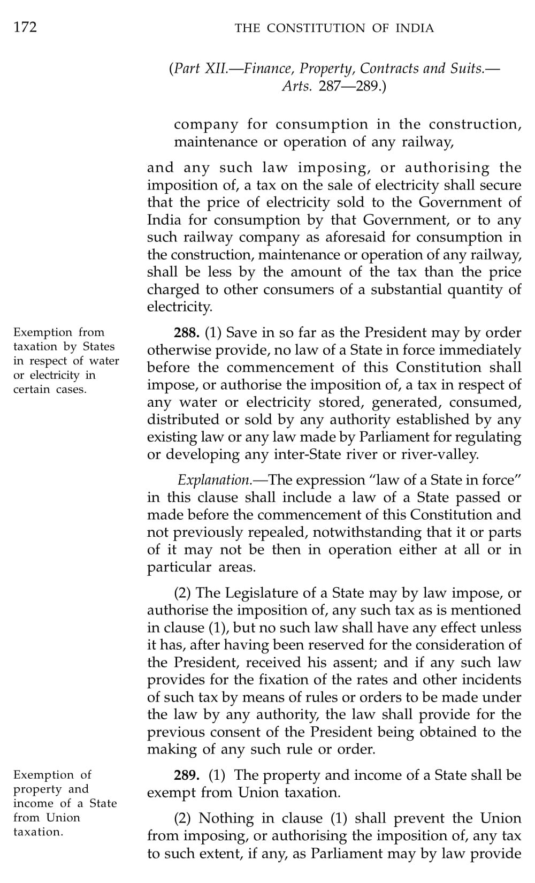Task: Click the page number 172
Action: tap(25, 27)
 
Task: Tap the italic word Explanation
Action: tap(214, 479)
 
